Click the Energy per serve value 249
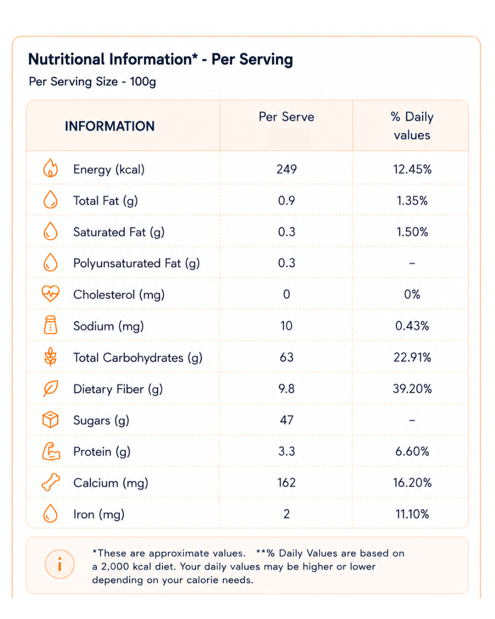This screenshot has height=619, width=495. tap(287, 169)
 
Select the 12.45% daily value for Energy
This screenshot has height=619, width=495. tap(412, 169)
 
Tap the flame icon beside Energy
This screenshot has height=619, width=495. tap(50, 168)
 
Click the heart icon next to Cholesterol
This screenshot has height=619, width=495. tap(50, 294)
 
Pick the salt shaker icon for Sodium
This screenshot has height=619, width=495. tap(50, 325)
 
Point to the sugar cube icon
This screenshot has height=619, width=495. tap(50, 420)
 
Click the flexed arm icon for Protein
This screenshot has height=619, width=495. tap(51, 451)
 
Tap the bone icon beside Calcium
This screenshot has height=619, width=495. tap(51, 482)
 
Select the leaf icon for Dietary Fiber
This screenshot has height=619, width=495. tap(51, 388)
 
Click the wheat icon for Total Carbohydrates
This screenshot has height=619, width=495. tap(50, 356)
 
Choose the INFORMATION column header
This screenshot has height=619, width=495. tap(110, 126)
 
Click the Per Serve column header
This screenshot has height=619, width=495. tap(287, 117)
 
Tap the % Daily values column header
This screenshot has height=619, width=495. tap(412, 126)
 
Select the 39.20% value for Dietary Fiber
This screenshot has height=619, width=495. tap(412, 389)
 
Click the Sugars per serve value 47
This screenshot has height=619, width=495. tap(287, 420)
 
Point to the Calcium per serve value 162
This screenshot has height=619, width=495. tap(287, 482)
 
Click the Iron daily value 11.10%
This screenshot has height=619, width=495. tap(412, 514)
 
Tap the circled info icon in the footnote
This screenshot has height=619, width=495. tap(59, 564)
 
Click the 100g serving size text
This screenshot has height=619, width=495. tap(143, 82)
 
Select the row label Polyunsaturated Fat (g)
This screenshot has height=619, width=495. tap(136, 264)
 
